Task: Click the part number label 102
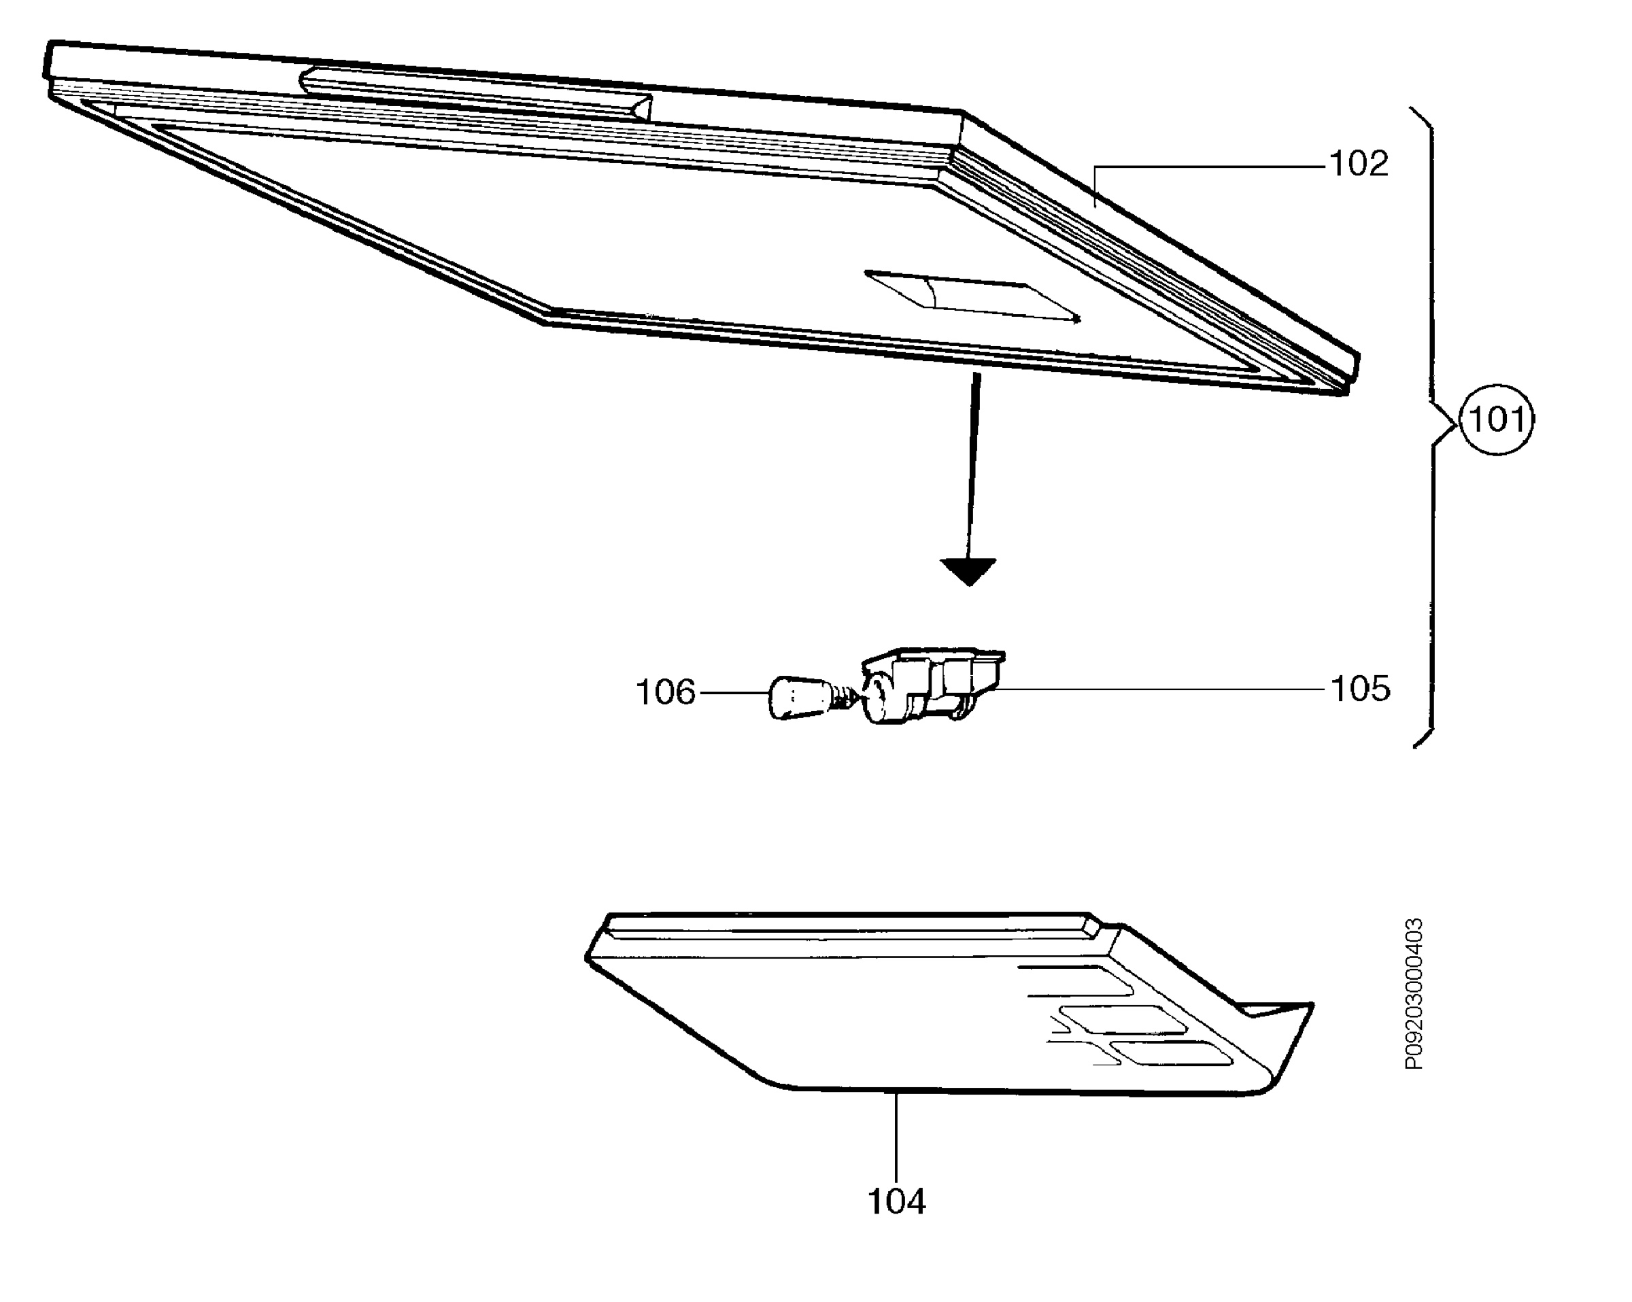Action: point(1359,165)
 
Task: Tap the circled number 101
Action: point(1496,419)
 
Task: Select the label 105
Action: point(1360,689)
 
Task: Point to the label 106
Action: point(665,693)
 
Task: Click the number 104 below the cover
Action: point(896,1201)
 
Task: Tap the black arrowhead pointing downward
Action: point(968,572)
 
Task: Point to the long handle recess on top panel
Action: point(475,95)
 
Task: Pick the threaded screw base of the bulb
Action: point(851,696)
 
